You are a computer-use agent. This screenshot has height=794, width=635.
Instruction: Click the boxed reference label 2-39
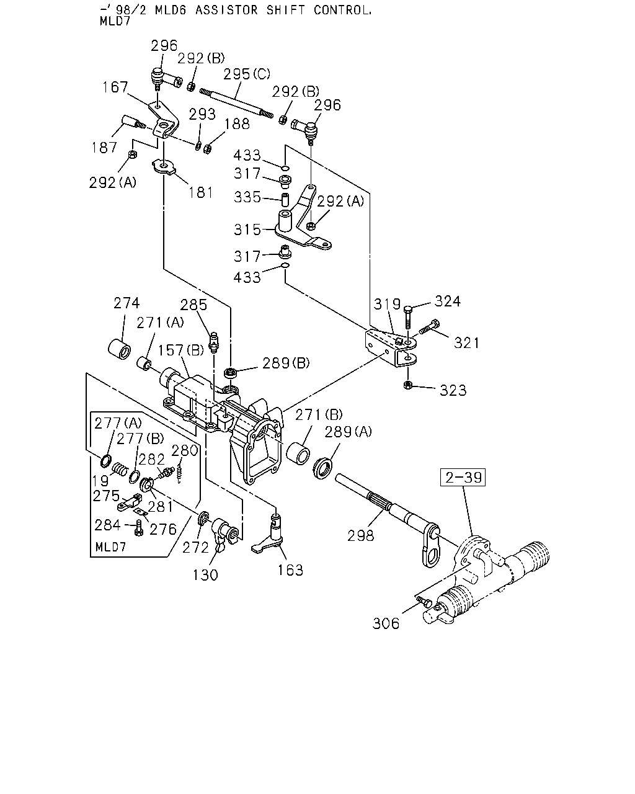click(463, 477)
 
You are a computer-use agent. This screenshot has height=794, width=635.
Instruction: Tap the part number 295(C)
click(247, 74)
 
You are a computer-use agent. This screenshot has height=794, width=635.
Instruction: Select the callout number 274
click(127, 303)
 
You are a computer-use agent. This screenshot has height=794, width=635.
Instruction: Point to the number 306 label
click(386, 623)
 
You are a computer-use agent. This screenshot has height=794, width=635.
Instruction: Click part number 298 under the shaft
click(360, 535)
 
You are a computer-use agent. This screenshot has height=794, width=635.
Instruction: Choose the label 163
click(290, 571)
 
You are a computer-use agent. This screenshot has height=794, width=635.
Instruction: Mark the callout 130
click(205, 575)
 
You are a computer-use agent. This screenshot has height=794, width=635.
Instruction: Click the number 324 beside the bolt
click(448, 301)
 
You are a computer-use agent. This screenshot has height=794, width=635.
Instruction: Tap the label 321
click(466, 343)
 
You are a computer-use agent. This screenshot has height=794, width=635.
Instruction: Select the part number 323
click(453, 390)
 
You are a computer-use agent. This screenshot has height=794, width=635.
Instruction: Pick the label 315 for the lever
click(247, 230)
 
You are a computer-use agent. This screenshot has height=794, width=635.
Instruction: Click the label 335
click(247, 197)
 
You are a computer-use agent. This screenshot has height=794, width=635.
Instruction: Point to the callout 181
click(201, 192)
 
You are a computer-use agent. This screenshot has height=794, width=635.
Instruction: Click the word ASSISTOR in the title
click(226, 10)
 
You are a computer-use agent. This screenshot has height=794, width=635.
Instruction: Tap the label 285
click(193, 305)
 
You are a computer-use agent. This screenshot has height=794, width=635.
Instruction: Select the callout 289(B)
click(286, 364)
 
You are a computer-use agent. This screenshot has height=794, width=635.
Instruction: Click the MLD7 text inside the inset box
click(111, 546)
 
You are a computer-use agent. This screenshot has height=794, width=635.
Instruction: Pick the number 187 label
click(104, 148)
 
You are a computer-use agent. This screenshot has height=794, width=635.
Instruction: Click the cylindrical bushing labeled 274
click(119, 348)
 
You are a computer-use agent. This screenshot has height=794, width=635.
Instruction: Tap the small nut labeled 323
click(407, 385)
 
